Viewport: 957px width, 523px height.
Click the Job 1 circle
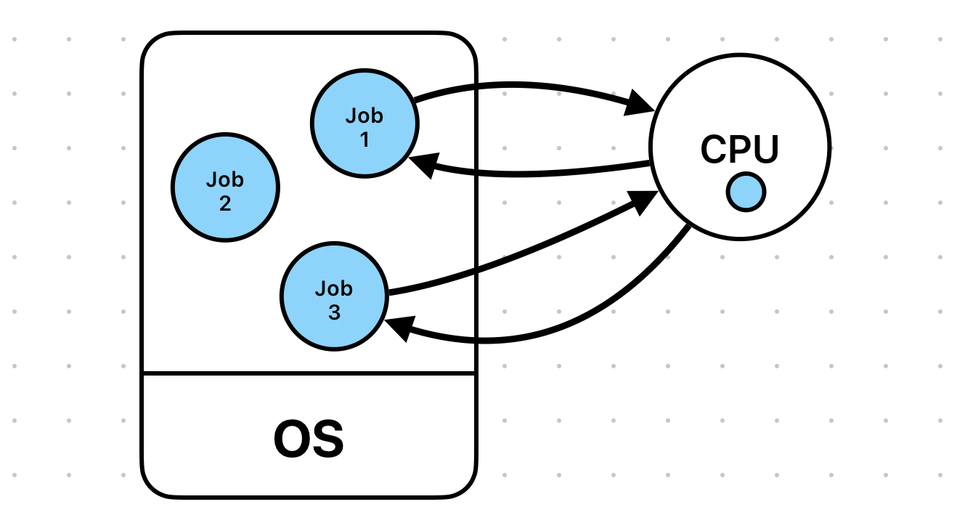pyautogui.click(x=365, y=123)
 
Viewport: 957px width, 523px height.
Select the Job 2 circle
pyautogui.click(x=225, y=187)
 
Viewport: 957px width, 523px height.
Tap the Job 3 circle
pyautogui.click(x=334, y=296)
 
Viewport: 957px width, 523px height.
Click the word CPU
pyautogui.click(x=740, y=149)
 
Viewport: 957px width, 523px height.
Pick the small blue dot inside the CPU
pyautogui.click(x=746, y=192)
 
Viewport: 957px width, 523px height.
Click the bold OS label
pyautogui.click(x=309, y=439)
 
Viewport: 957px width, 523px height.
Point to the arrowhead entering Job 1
pyautogui.click(x=423, y=165)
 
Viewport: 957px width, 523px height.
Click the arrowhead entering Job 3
pyautogui.click(x=399, y=328)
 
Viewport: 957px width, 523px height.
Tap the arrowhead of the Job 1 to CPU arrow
pyautogui.click(x=639, y=103)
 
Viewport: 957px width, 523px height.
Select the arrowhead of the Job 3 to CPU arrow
pyautogui.click(x=643, y=202)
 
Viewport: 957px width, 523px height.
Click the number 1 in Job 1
pyautogui.click(x=365, y=139)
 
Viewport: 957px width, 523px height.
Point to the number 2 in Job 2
pyautogui.click(x=225, y=203)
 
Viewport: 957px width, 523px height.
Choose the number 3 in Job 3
pyautogui.click(x=334, y=312)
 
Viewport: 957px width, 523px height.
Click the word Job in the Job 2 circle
pyautogui.click(x=225, y=179)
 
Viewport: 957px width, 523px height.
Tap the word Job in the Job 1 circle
pyautogui.click(x=365, y=115)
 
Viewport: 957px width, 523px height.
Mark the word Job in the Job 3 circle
pyautogui.click(x=334, y=288)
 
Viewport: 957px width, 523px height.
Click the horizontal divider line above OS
pyautogui.click(x=309, y=374)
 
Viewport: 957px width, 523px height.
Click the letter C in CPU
pyautogui.click(x=714, y=149)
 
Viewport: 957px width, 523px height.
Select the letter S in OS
pyautogui.click(x=328, y=439)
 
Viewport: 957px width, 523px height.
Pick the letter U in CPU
pyautogui.click(x=767, y=149)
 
